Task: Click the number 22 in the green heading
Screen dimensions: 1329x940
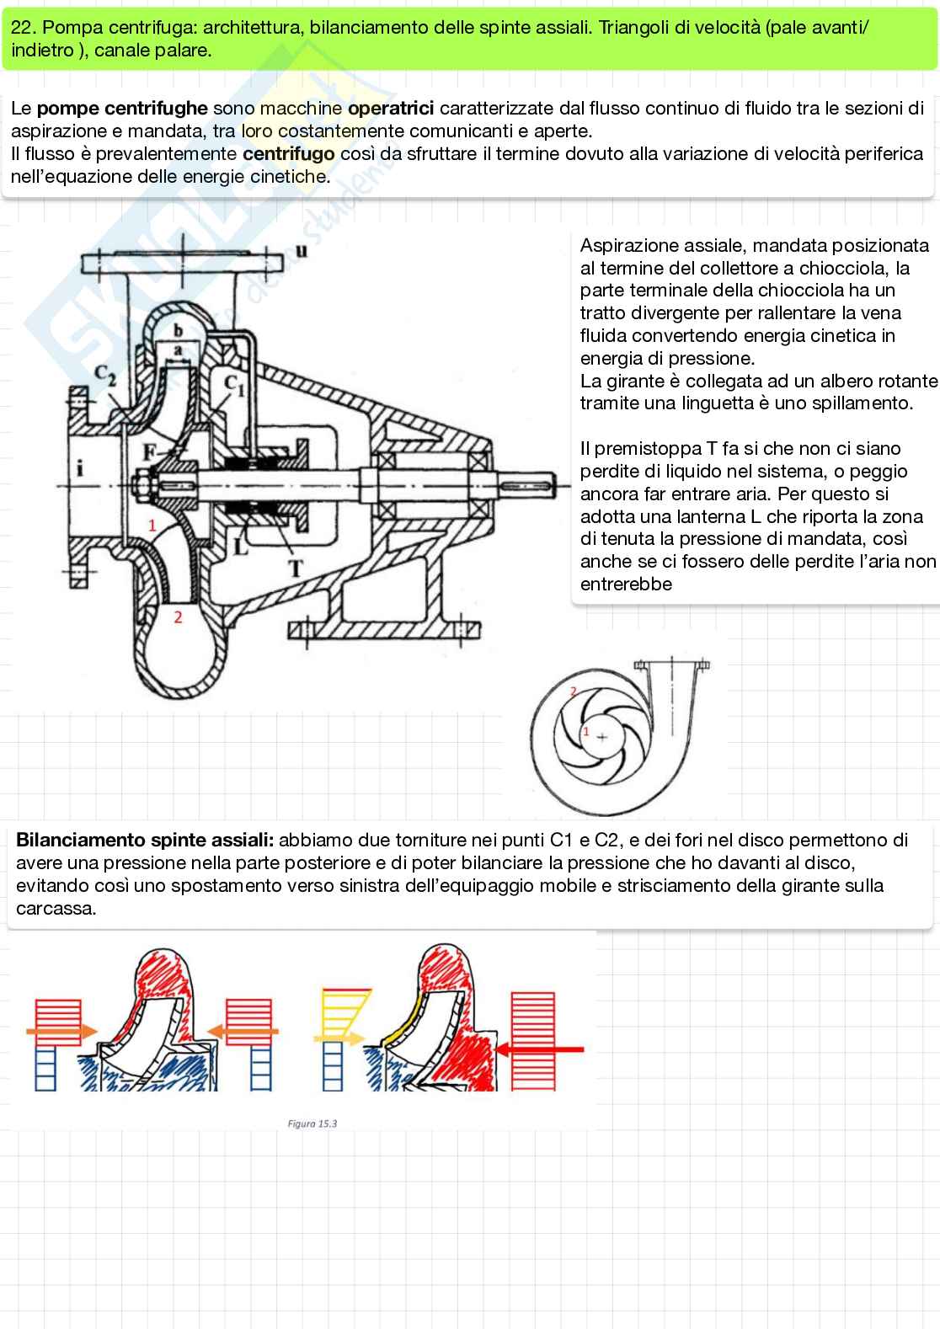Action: [x=19, y=28]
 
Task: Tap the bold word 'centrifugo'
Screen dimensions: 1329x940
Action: [x=288, y=154]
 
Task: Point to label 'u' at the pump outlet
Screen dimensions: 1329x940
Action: [x=302, y=250]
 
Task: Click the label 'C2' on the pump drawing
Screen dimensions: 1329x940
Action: [x=106, y=375]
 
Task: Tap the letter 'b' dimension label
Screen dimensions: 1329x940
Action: [x=178, y=331]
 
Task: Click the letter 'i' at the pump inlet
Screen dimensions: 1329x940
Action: [x=79, y=469]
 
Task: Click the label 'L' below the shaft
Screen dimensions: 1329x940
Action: [x=242, y=547]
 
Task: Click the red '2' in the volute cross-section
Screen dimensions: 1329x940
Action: [x=178, y=616]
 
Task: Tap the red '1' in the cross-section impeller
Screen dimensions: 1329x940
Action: [x=152, y=526]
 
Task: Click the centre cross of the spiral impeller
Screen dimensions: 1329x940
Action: [x=601, y=737]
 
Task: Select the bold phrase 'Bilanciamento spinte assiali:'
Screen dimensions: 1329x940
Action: [x=145, y=841]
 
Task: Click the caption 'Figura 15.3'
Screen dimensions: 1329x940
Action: [x=312, y=1124]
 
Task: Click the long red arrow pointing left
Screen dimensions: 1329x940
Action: [x=541, y=1049]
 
